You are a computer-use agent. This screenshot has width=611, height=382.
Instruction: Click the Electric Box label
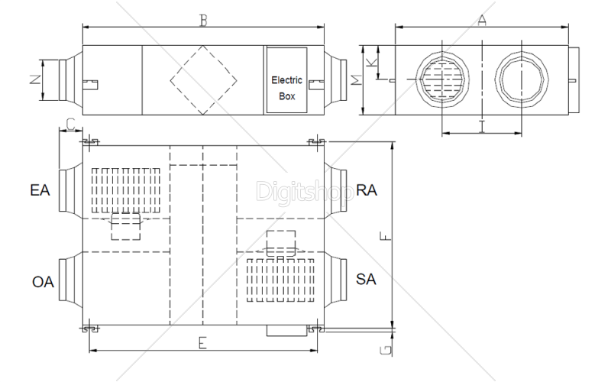(287, 88)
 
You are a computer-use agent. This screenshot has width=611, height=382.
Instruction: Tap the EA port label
(40, 190)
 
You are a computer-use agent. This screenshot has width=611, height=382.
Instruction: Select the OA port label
(43, 282)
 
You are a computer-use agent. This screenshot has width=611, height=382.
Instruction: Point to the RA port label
(367, 190)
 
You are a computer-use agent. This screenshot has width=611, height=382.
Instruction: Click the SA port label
(366, 279)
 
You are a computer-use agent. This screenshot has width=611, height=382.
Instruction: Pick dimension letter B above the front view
(203, 21)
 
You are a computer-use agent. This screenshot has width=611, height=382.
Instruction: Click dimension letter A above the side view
(482, 21)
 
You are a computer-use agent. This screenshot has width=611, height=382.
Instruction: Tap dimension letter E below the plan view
(202, 343)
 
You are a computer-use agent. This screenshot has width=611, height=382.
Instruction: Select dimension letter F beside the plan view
(386, 236)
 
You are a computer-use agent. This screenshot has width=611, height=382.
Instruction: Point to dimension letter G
(386, 350)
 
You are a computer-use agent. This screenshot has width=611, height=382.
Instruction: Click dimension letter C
(70, 125)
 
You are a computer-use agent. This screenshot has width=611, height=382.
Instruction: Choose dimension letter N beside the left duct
(35, 79)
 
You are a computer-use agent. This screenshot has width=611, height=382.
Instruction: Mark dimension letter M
(357, 80)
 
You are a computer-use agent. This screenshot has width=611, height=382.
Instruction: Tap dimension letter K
(373, 63)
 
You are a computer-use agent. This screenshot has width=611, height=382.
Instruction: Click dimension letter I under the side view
(482, 126)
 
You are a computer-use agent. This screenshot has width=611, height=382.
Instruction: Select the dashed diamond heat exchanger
(186, 63)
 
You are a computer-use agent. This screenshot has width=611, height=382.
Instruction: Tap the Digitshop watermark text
(305, 192)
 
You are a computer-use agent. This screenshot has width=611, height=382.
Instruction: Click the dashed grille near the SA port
(280, 280)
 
